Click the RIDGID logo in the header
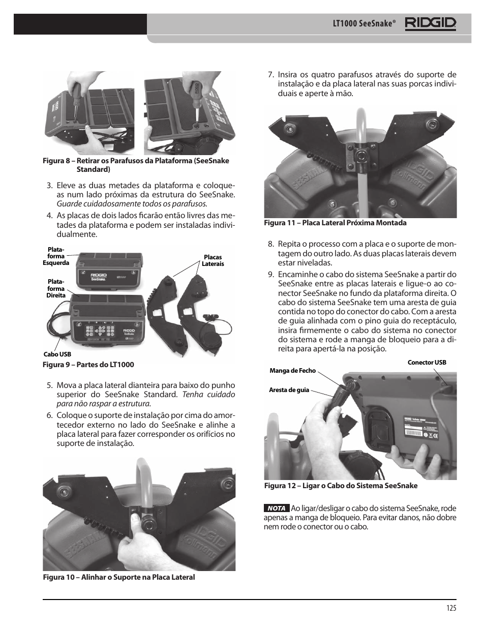point(431,23)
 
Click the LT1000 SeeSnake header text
point(364,24)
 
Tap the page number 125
point(451,608)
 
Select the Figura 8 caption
point(136,165)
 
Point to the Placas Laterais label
point(213,260)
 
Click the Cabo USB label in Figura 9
point(57,354)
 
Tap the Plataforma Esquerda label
point(56,256)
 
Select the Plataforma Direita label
point(56,288)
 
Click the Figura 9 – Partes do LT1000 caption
point(88,365)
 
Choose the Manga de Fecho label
point(292,371)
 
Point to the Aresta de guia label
point(289,390)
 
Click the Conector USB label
point(427,363)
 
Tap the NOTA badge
point(277,508)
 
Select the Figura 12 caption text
point(341,486)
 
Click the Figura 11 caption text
point(335,223)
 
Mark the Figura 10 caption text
point(118,577)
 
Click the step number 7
point(271,75)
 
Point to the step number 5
point(49,385)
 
